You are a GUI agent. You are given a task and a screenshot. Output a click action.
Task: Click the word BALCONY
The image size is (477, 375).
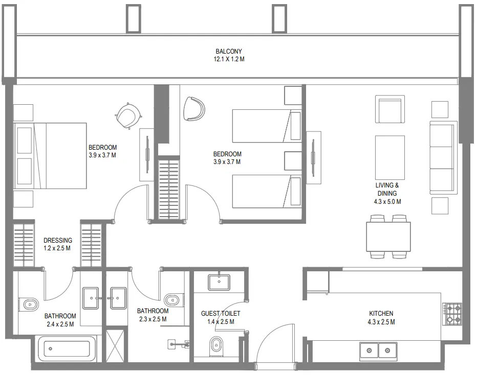(228, 51)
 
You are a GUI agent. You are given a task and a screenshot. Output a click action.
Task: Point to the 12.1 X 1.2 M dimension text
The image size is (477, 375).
(228, 59)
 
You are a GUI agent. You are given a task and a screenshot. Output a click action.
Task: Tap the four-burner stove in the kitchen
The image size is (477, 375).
(452, 313)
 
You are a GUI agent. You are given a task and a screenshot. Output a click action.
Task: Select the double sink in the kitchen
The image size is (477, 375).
(377, 350)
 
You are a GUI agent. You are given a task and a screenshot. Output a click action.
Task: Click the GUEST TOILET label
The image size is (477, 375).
(221, 313)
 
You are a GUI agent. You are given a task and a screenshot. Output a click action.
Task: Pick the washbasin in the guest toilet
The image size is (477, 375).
(219, 282)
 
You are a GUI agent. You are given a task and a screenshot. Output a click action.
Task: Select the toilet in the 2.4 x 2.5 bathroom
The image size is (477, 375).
(30, 305)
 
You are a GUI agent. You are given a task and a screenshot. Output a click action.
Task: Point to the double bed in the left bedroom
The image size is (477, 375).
(51, 156)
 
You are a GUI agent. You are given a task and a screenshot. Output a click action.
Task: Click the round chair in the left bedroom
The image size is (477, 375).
(127, 115)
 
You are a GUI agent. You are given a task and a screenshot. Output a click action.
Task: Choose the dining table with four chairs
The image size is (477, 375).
(388, 236)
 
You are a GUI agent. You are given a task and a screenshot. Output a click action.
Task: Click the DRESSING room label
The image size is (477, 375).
(57, 240)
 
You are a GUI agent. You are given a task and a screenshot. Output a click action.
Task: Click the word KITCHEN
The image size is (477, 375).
(381, 313)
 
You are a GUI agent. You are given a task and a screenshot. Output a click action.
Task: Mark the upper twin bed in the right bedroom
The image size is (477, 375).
(266, 126)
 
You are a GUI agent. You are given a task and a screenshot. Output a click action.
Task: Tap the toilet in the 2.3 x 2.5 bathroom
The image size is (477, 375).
(174, 299)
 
